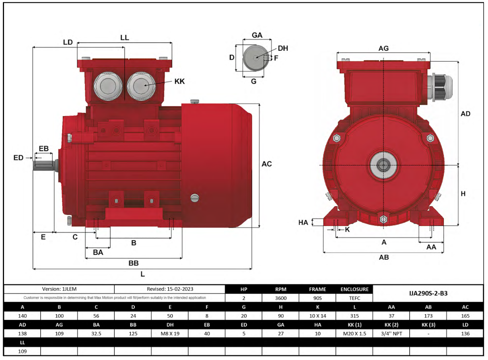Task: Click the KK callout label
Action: click(179, 81)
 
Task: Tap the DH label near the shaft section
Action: click(283, 48)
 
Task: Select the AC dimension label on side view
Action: click(267, 164)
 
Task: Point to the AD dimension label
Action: click(465, 114)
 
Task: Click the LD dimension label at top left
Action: click(68, 42)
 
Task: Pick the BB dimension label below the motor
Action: click(134, 263)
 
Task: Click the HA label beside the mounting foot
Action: click(303, 222)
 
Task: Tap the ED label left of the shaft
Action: click(19, 158)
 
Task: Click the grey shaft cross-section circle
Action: click(254, 58)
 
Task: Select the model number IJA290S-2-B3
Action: click(428, 293)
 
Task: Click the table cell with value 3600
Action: click(280, 298)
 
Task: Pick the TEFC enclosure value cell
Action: click(354, 298)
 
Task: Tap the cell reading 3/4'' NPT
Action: click(391, 333)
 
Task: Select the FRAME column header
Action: click(317, 289)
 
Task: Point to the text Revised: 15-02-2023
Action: click(169, 289)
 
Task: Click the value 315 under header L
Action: click(354, 316)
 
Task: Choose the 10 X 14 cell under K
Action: click(317, 316)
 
